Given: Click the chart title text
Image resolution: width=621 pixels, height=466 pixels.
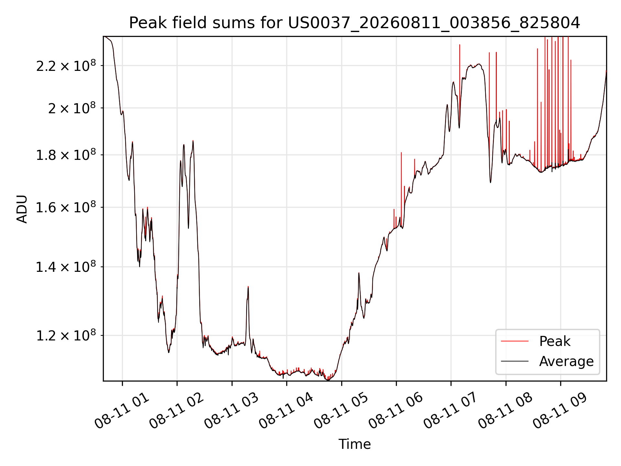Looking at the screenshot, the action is coord(354,23).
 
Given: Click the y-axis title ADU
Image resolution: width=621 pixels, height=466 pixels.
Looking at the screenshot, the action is coord(22,209).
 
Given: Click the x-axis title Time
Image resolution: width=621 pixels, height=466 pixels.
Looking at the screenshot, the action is coord(354,444).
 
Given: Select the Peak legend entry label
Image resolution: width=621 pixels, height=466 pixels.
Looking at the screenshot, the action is coord(555,341).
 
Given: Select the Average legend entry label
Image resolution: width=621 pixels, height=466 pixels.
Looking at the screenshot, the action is coord(566,361).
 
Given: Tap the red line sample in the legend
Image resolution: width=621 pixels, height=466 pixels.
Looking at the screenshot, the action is coord(515,341).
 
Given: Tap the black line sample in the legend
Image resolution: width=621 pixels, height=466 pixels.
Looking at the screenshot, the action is coord(515,361).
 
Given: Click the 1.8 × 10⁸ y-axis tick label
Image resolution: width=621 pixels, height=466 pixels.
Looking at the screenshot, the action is coord(66,154).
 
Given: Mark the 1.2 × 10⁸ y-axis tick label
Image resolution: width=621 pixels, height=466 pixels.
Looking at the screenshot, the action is coord(66,335).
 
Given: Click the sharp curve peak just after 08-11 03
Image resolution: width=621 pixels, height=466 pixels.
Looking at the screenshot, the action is coord(248,286).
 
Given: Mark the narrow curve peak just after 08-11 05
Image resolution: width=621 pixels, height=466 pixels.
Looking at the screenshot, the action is coord(359,273).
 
